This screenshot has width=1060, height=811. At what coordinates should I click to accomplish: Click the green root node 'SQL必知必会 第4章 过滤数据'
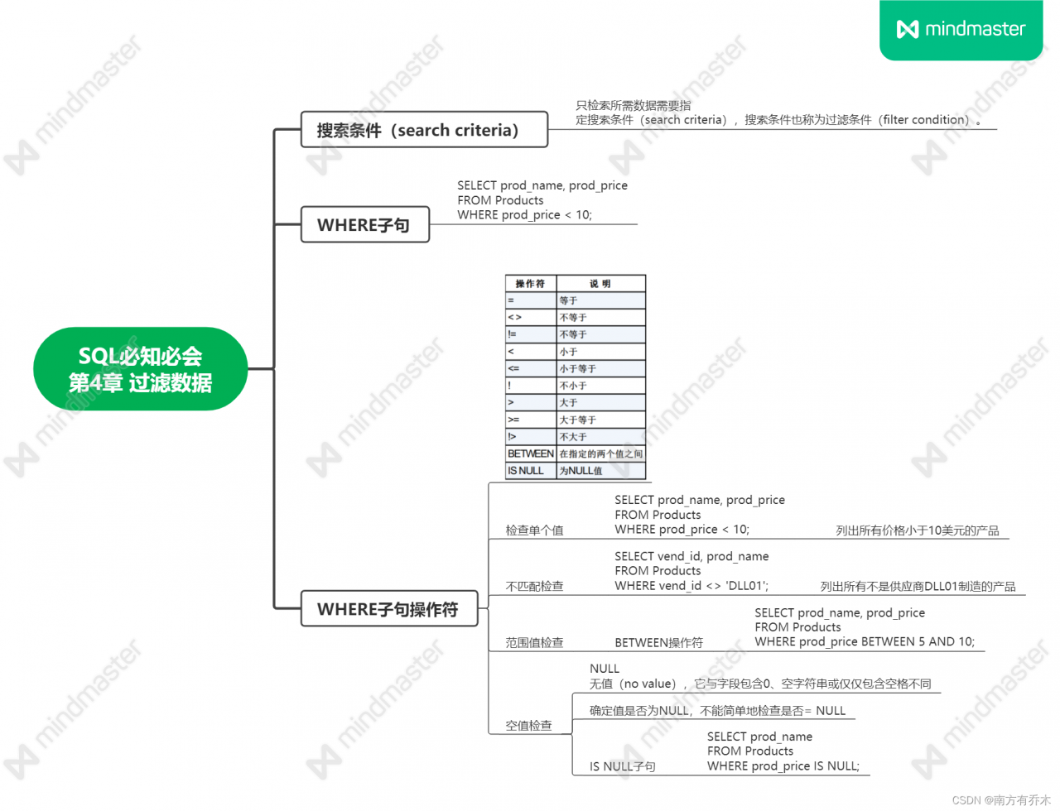(x=141, y=369)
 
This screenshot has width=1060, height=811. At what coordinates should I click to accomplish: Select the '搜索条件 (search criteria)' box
(x=424, y=130)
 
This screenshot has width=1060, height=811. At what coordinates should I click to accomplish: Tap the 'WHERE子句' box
(x=365, y=225)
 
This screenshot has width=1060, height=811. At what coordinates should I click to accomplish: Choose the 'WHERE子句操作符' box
(x=389, y=609)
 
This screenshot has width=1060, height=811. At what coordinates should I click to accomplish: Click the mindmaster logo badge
(x=961, y=29)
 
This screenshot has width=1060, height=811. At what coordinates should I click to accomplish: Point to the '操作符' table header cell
(x=531, y=284)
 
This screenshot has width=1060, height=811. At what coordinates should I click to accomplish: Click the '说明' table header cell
(x=601, y=284)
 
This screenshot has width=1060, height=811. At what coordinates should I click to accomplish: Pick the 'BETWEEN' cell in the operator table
(x=531, y=453)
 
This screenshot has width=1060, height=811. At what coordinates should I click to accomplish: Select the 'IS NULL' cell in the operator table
(x=531, y=471)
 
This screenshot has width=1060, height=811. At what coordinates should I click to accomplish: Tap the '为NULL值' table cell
(x=601, y=471)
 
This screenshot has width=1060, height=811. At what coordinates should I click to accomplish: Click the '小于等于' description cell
(x=601, y=368)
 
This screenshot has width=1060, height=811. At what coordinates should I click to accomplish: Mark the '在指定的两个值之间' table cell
(x=601, y=453)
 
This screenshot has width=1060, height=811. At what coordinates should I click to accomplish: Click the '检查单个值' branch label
(x=535, y=530)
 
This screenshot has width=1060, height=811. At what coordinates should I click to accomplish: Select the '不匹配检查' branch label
(x=535, y=586)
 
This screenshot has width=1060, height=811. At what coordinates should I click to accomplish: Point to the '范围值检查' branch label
(x=535, y=642)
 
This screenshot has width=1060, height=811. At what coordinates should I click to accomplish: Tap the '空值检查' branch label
(x=529, y=726)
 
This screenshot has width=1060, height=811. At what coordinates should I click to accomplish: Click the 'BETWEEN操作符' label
(x=659, y=643)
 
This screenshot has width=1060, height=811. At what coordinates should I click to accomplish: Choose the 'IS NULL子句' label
(x=623, y=766)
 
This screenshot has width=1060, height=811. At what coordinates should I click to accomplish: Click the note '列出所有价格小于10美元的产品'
(x=918, y=530)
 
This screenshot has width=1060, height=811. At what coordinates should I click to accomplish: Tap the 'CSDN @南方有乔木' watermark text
(x=1001, y=800)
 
